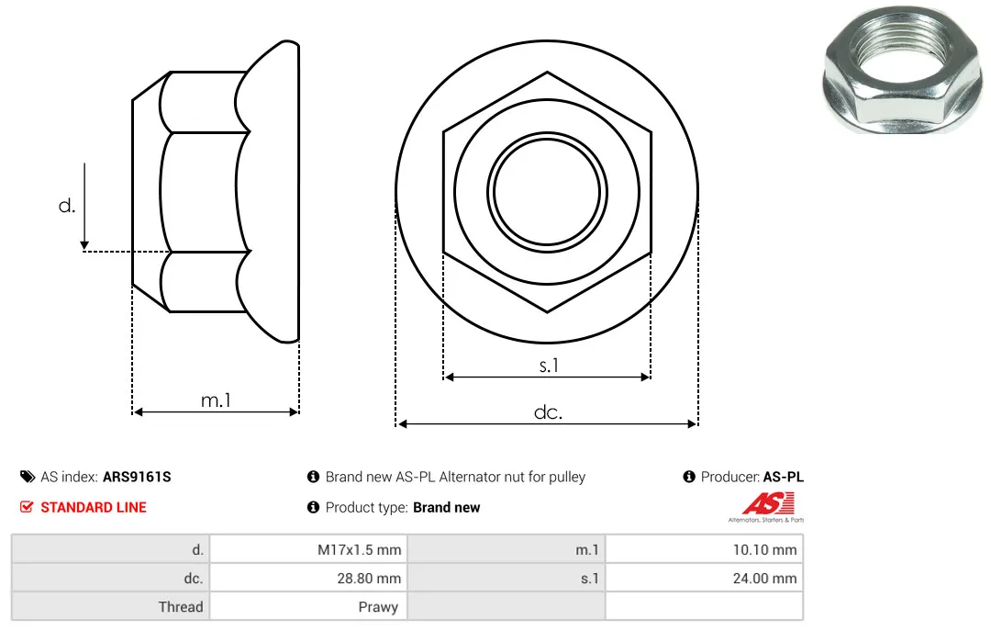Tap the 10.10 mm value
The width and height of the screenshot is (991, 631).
764,549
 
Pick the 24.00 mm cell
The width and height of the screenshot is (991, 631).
764,578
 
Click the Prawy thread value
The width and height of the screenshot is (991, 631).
378,607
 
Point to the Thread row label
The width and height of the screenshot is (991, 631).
181,606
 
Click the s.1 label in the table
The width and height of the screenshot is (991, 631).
590,578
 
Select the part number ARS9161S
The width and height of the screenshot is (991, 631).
137,477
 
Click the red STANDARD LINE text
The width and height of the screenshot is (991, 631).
94,507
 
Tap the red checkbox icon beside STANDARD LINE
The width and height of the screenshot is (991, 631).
27,507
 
